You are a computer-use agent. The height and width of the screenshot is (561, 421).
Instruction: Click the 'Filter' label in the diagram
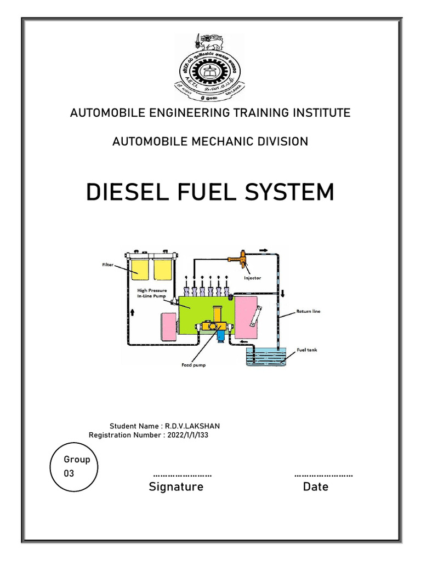(x=107, y=265)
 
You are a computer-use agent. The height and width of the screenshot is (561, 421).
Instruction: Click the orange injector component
(x=242, y=257)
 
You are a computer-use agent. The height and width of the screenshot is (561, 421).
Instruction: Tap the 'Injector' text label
(x=253, y=278)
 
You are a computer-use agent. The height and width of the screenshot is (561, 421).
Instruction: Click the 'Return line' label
(x=308, y=311)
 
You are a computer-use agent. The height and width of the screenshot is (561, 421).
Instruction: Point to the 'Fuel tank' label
(x=307, y=349)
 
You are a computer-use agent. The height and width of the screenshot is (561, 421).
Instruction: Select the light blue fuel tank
(x=265, y=357)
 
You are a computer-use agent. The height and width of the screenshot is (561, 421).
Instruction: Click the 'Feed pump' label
(x=194, y=365)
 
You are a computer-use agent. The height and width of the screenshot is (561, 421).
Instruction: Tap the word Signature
(x=176, y=486)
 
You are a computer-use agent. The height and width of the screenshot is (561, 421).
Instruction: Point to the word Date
(x=316, y=486)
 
